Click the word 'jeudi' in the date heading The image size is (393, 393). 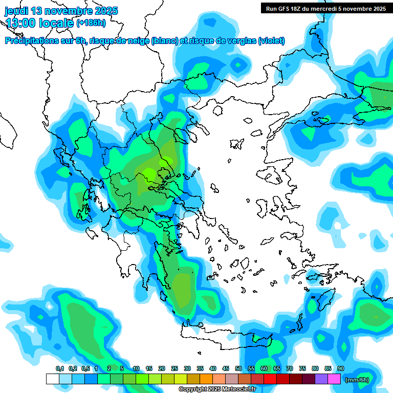[x=18, y=11]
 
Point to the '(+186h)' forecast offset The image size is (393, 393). [x=91, y=23]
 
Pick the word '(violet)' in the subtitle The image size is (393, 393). [x=271, y=41]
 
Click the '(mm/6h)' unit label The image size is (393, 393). [x=357, y=380]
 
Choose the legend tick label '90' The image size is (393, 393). [x=341, y=368]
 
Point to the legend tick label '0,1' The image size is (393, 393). [x=59, y=368]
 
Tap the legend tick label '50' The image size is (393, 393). [x=238, y=368]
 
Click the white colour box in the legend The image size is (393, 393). [x=53, y=379]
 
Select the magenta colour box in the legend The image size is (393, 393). [x=334, y=379]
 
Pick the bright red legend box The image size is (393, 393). [x=270, y=379]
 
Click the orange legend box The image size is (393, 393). [x=206, y=379]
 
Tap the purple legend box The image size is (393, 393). [x=321, y=379]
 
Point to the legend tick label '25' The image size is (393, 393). [x=174, y=368]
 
